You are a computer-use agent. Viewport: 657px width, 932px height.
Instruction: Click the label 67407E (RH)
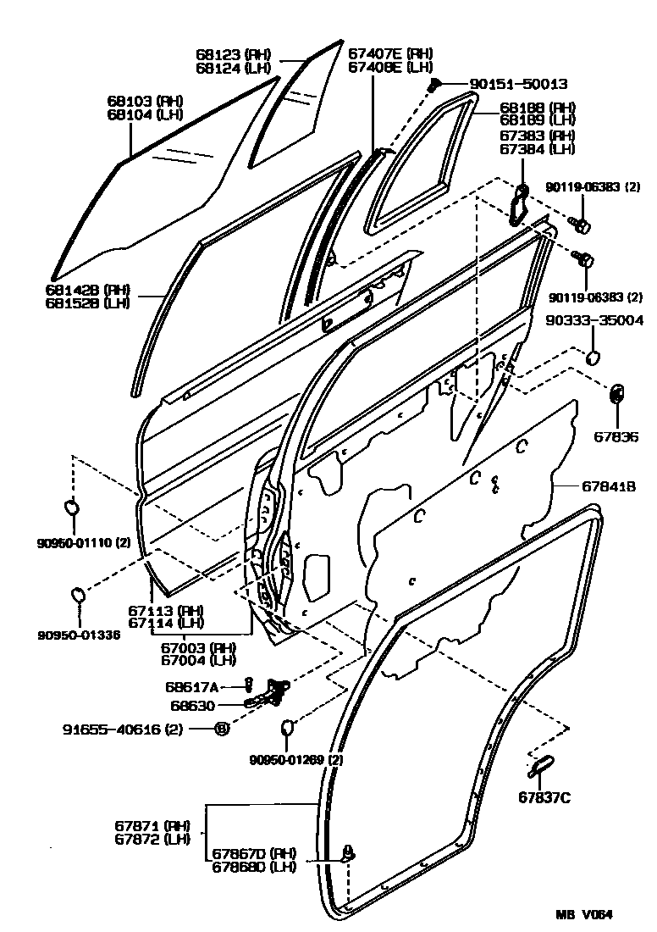pyautogui.click(x=390, y=53)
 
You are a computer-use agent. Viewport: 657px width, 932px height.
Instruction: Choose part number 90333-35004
pyautogui.click(x=594, y=321)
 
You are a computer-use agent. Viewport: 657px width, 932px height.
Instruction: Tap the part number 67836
pyautogui.click(x=617, y=437)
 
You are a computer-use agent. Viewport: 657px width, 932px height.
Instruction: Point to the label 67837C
pyautogui.click(x=545, y=796)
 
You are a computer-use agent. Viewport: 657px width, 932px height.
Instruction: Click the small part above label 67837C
pyautogui.click(x=539, y=764)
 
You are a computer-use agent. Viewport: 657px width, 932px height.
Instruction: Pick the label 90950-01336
pyautogui.click(x=79, y=634)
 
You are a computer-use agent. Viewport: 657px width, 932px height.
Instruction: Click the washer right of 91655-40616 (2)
pyautogui.click(x=220, y=728)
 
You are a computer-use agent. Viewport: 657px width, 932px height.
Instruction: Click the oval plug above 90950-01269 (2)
pyautogui.click(x=286, y=727)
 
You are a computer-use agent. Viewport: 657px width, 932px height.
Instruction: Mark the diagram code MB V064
pyautogui.click(x=583, y=914)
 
